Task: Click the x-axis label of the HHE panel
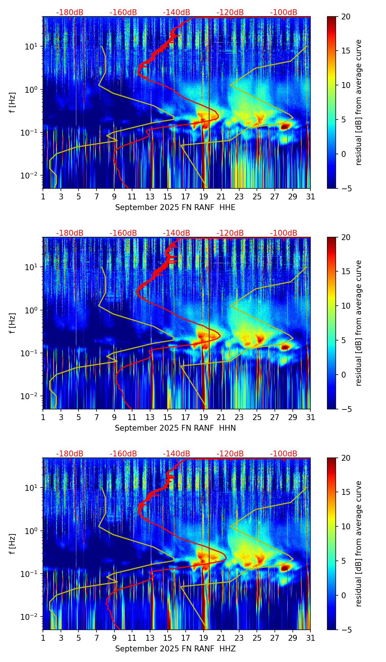175,207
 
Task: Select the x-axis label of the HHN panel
175,428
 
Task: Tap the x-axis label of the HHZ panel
175,649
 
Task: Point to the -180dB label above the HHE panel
70,12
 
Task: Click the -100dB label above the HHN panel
284,233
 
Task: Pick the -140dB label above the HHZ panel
176,454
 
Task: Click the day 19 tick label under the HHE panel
203,196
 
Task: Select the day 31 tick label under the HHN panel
310,417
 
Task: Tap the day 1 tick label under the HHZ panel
43,638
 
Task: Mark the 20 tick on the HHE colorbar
346,16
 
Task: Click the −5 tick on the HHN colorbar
346,409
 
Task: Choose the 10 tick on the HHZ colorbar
346,526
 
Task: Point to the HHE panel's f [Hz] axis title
12,103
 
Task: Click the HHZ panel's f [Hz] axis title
12,544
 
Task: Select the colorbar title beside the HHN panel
359,323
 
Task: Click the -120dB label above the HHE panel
230,12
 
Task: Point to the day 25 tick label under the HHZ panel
257,638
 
